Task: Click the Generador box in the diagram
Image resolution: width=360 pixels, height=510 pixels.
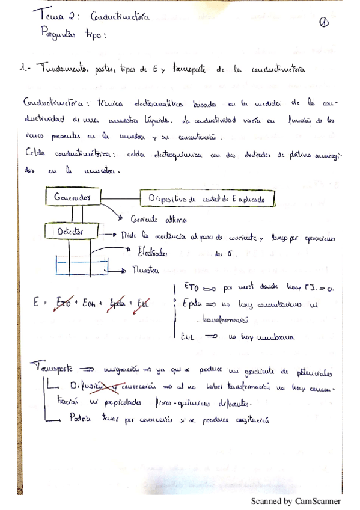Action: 72,197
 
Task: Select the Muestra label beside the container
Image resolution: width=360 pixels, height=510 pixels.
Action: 145,271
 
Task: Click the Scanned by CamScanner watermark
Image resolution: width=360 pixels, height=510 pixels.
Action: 295,501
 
